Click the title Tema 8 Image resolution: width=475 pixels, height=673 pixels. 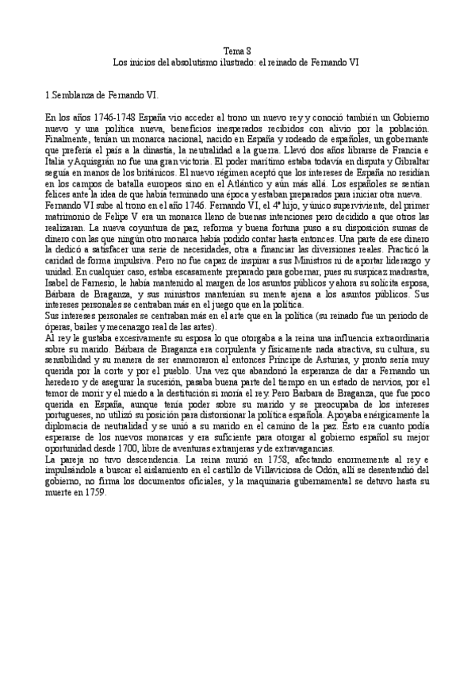[237, 49]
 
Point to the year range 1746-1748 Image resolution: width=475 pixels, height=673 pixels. [116, 116]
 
